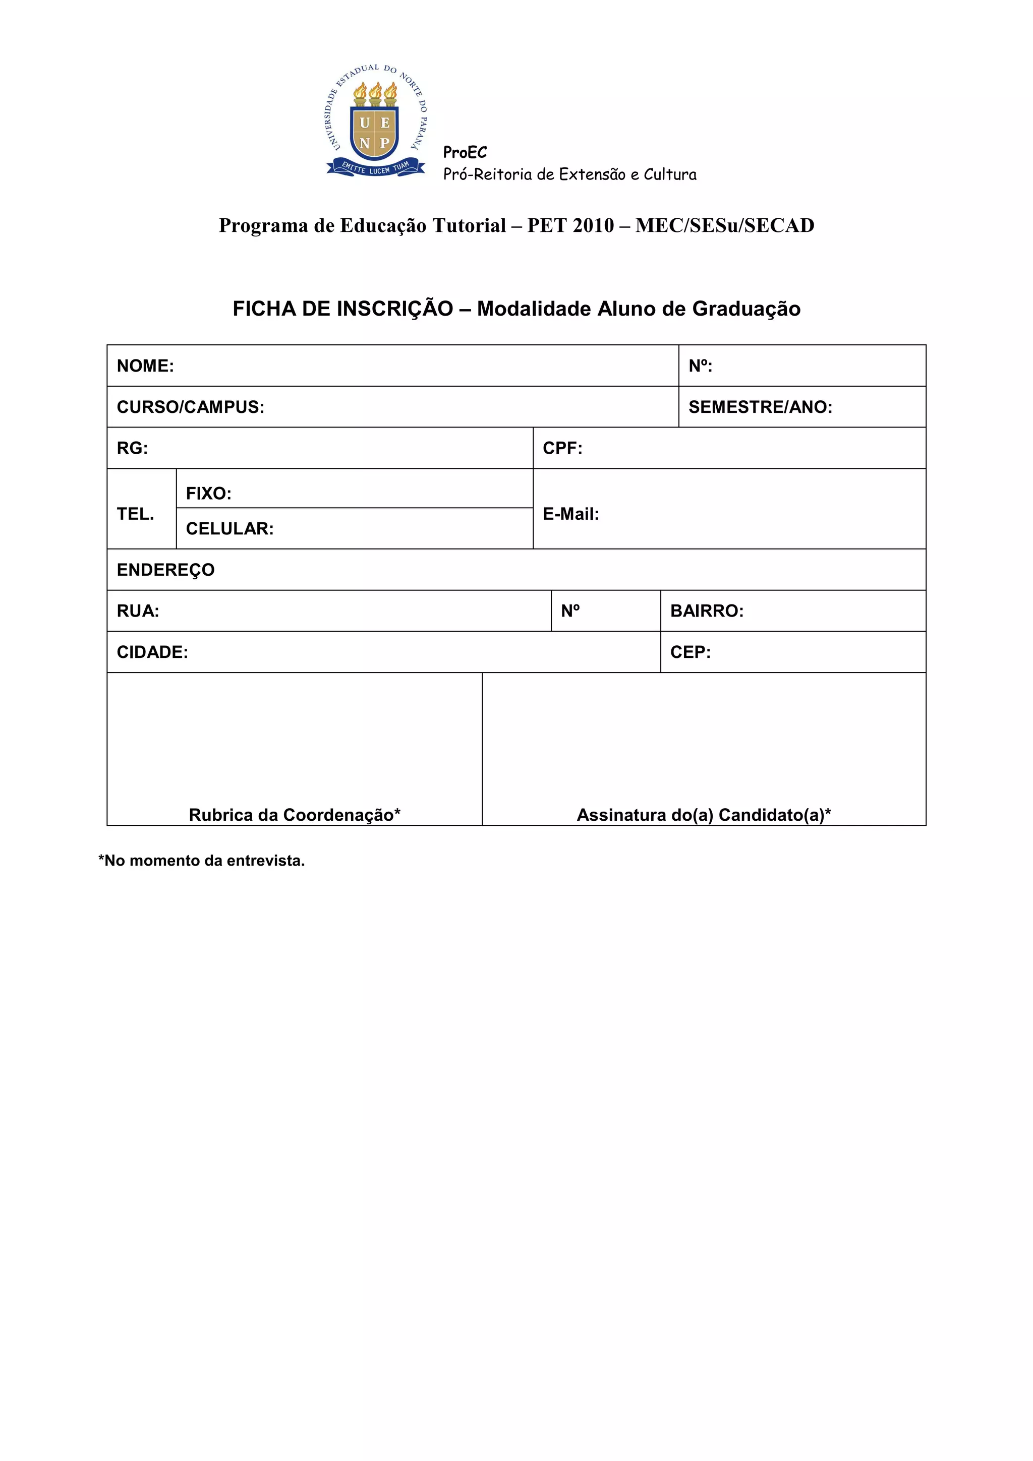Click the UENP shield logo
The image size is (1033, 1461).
coord(375,122)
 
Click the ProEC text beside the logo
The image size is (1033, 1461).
coord(465,153)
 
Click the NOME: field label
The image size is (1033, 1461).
coord(145,366)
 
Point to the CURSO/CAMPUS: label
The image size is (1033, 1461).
coord(190,407)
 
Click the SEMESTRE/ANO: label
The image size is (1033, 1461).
coord(760,407)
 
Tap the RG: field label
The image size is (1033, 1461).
coord(132,449)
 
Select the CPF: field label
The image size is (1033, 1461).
coord(562,449)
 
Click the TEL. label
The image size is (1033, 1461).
coord(136,514)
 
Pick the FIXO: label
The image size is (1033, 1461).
coord(208,494)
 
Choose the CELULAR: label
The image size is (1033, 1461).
coord(229,529)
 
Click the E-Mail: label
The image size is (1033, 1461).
coord(570,514)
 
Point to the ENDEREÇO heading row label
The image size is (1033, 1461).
coord(165,570)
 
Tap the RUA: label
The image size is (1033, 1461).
coord(138,612)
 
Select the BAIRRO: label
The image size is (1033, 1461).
coord(707,612)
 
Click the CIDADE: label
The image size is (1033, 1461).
coord(152,652)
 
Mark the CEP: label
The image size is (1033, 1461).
coord(690,652)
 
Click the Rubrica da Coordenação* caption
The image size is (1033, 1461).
coord(295,815)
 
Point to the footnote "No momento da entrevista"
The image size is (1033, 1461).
coord(202,861)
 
